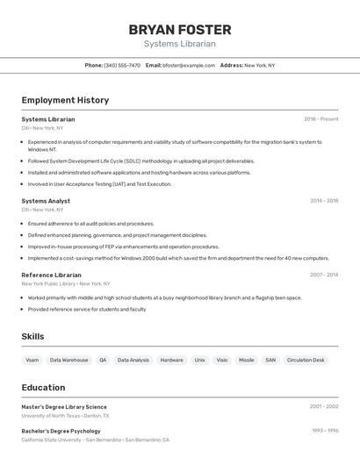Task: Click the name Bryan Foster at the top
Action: (180, 30)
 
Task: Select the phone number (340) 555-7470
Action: (122, 65)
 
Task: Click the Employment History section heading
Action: (65, 100)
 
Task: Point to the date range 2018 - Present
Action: (321, 119)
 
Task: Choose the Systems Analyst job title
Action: (46, 201)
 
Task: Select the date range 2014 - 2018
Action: (324, 201)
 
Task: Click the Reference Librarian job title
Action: (51, 275)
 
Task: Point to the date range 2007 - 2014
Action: (324, 275)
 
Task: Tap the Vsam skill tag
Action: (32, 360)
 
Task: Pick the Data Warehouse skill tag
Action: (68, 360)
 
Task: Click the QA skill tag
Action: (103, 360)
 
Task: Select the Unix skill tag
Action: (199, 360)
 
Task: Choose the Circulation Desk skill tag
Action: (306, 360)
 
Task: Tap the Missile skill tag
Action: (246, 360)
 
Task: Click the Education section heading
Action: (43, 388)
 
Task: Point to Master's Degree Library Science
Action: (64, 407)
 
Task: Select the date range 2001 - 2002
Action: (324, 407)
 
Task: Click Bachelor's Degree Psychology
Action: (61, 431)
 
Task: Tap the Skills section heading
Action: (32, 337)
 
